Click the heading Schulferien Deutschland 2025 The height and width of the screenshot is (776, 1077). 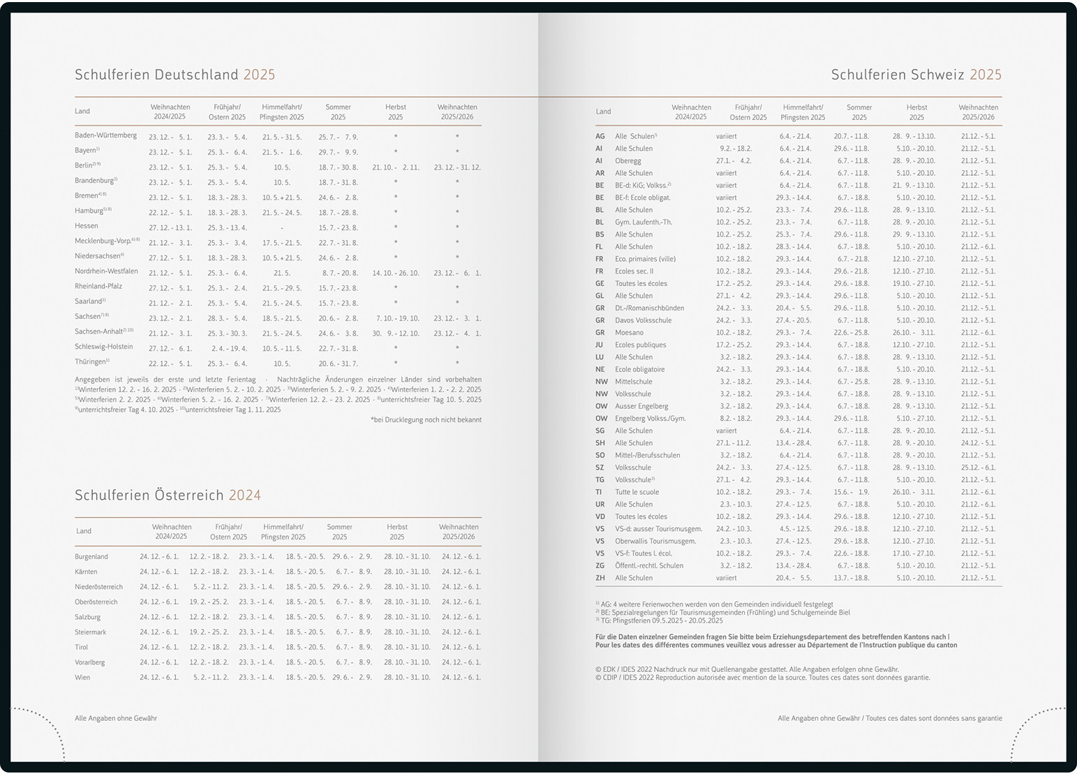[x=174, y=75]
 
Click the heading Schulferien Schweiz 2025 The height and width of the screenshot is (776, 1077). [x=916, y=75]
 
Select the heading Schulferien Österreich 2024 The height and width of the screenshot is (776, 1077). [x=168, y=495]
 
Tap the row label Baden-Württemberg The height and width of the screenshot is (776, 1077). [x=105, y=135]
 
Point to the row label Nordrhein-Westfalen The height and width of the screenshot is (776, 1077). [x=106, y=271]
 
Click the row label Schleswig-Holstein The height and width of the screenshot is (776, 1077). [x=103, y=347]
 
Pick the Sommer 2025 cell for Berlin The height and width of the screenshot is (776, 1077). [x=338, y=167]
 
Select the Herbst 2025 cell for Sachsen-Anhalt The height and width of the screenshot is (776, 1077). [x=395, y=334]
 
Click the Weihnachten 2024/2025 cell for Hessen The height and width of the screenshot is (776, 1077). [x=170, y=228]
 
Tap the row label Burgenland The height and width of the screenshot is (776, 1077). [x=91, y=557]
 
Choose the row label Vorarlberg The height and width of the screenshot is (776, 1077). [x=89, y=662]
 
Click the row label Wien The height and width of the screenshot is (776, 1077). [x=82, y=678]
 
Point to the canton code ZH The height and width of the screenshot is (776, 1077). [x=600, y=578]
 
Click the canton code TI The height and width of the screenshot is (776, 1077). [x=598, y=492]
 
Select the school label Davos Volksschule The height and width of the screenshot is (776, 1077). [x=643, y=320]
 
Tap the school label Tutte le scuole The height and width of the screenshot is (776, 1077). [x=637, y=492]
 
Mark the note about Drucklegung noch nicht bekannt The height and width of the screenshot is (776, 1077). [x=426, y=420]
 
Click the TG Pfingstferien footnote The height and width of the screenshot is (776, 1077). [x=659, y=620]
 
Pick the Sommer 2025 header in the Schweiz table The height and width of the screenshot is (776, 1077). [x=859, y=112]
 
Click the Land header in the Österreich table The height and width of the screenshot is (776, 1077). [x=84, y=531]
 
